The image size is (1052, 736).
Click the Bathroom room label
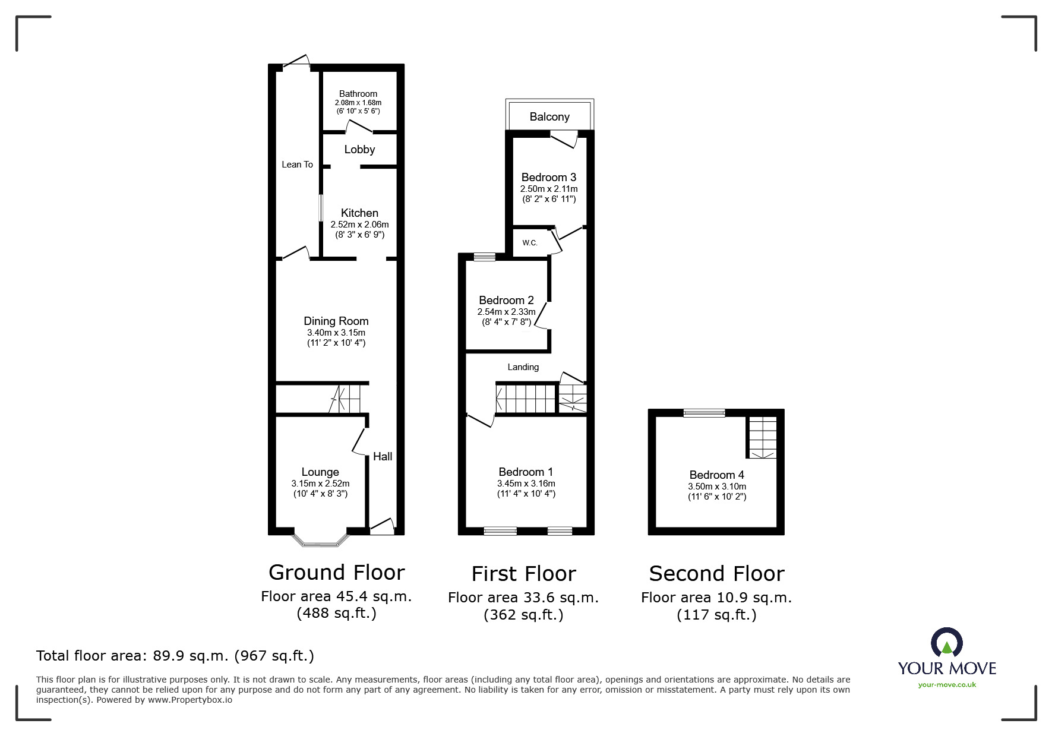pyautogui.click(x=358, y=94)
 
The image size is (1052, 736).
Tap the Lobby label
pyautogui.click(x=359, y=150)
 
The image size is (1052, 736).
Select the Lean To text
pyautogui.click(x=297, y=165)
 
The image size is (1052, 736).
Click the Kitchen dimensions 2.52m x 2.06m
pyautogui.click(x=359, y=225)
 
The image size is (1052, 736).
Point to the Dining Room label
pyautogui.click(x=336, y=321)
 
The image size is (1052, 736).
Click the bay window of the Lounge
pyautogui.click(x=320, y=541)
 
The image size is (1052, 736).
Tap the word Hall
pyautogui.click(x=383, y=456)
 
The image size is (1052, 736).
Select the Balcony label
pyautogui.click(x=549, y=117)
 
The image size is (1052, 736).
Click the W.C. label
pyautogui.click(x=530, y=243)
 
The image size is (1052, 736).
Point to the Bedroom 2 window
pyautogui.click(x=485, y=257)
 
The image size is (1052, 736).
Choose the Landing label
pyautogui.click(x=523, y=367)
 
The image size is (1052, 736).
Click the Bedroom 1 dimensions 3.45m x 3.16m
pyautogui.click(x=526, y=484)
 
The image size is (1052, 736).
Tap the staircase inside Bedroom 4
pyautogui.click(x=762, y=438)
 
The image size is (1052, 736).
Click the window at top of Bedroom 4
pyautogui.click(x=704, y=413)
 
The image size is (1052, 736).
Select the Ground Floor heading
pyautogui.click(x=336, y=573)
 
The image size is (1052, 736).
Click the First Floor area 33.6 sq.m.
pyautogui.click(x=523, y=598)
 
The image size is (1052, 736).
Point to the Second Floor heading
pyautogui.click(x=716, y=574)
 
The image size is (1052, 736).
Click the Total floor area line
pyautogui.click(x=175, y=656)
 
